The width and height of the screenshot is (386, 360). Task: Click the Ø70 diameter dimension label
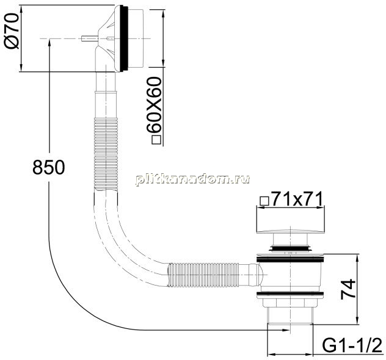pos(12,31)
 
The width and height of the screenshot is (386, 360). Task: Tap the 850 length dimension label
pos(49,167)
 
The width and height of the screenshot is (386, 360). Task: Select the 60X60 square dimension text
pos(154,105)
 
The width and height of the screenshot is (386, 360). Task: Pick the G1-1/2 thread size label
pos(352,346)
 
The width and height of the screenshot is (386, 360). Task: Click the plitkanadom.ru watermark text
pos(192,179)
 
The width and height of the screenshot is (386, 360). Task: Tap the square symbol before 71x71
pos(264,201)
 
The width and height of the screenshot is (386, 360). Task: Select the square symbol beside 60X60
pos(156,140)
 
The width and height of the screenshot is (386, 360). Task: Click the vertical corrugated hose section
pos(106,154)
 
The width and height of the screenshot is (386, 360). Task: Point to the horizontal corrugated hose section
pos(204,274)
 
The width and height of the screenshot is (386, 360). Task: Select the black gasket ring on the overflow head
pos(124,38)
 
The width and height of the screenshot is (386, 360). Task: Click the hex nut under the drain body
pos(291,303)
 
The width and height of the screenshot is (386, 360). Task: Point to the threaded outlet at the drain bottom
pos(291,316)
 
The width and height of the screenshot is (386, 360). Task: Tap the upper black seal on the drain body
pos(291,259)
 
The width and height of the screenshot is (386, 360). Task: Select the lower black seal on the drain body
pos(291,293)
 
